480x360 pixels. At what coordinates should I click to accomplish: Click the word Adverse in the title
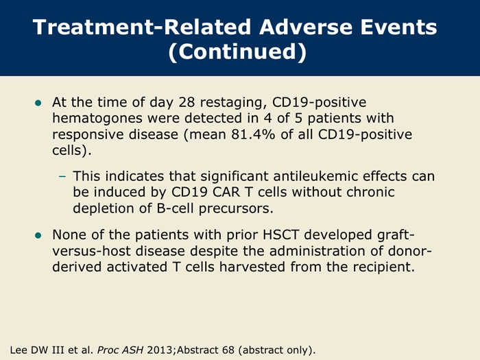click(x=307, y=27)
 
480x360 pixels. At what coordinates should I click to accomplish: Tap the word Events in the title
click(x=398, y=27)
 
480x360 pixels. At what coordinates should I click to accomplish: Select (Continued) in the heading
click(x=237, y=51)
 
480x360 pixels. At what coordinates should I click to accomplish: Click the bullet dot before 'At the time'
click(x=38, y=103)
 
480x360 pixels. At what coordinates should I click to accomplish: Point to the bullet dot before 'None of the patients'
click(x=38, y=235)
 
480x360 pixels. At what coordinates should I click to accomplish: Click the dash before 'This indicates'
click(x=62, y=176)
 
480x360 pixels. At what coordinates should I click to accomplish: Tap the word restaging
click(x=234, y=103)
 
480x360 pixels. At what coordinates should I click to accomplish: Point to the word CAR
click(x=221, y=192)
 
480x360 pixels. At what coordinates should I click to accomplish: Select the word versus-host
click(x=91, y=252)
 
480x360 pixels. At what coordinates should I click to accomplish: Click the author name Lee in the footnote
click(x=19, y=350)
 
